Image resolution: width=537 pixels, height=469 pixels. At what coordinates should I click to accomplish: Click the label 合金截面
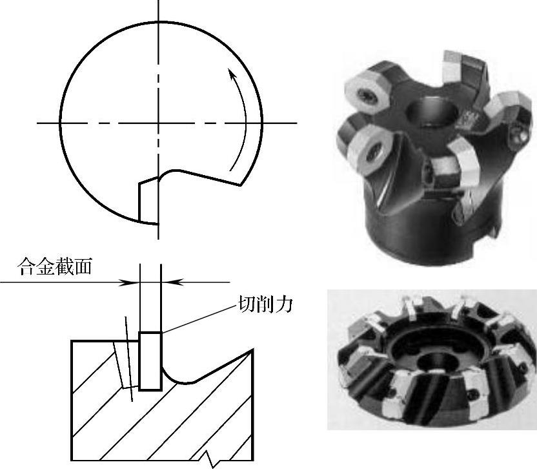[55, 267]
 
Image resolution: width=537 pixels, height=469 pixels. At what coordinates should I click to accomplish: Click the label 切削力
[265, 304]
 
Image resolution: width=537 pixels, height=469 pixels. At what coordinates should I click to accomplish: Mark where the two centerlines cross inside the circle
[158, 123]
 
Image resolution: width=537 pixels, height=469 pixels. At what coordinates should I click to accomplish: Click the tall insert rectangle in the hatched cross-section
[150, 360]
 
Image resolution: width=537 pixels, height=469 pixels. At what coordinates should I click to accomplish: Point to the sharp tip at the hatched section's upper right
[252, 349]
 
